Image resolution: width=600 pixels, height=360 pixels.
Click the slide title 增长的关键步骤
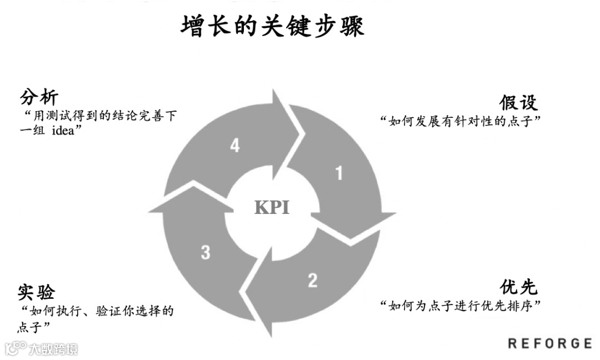(x=272, y=26)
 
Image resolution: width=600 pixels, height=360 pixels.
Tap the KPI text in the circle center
(x=272, y=207)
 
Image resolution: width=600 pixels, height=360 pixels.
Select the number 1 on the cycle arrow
(x=338, y=173)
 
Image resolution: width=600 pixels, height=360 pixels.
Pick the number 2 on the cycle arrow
(x=313, y=280)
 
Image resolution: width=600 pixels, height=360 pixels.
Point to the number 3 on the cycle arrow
(x=206, y=253)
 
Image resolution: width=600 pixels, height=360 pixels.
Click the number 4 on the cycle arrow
(x=235, y=146)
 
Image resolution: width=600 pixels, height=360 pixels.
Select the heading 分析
(x=39, y=98)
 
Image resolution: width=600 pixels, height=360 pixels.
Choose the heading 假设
(x=518, y=102)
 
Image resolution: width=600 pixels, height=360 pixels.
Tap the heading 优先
(x=518, y=287)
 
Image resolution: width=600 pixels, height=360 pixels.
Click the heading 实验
(x=37, y=292)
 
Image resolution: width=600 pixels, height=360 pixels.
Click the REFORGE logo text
(x=549, y=343)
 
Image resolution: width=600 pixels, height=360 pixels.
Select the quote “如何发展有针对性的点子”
(x=461, y=121)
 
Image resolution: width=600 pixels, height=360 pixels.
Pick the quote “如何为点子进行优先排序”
(x=461, y=306)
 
